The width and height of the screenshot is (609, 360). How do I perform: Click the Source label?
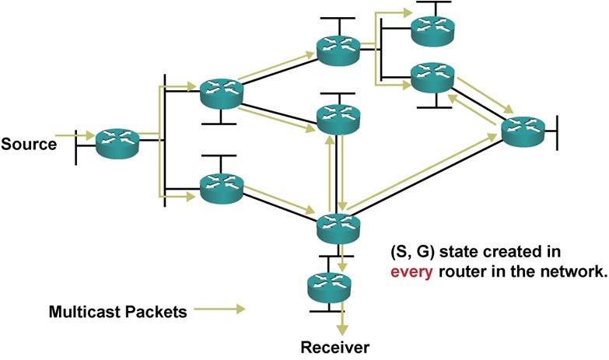(x=29, y=144)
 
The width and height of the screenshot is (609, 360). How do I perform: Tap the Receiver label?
(x=336, y=347)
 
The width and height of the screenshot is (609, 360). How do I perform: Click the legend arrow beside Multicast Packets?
(x=219, y=311)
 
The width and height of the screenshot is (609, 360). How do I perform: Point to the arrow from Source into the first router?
(x=75, y=136)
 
